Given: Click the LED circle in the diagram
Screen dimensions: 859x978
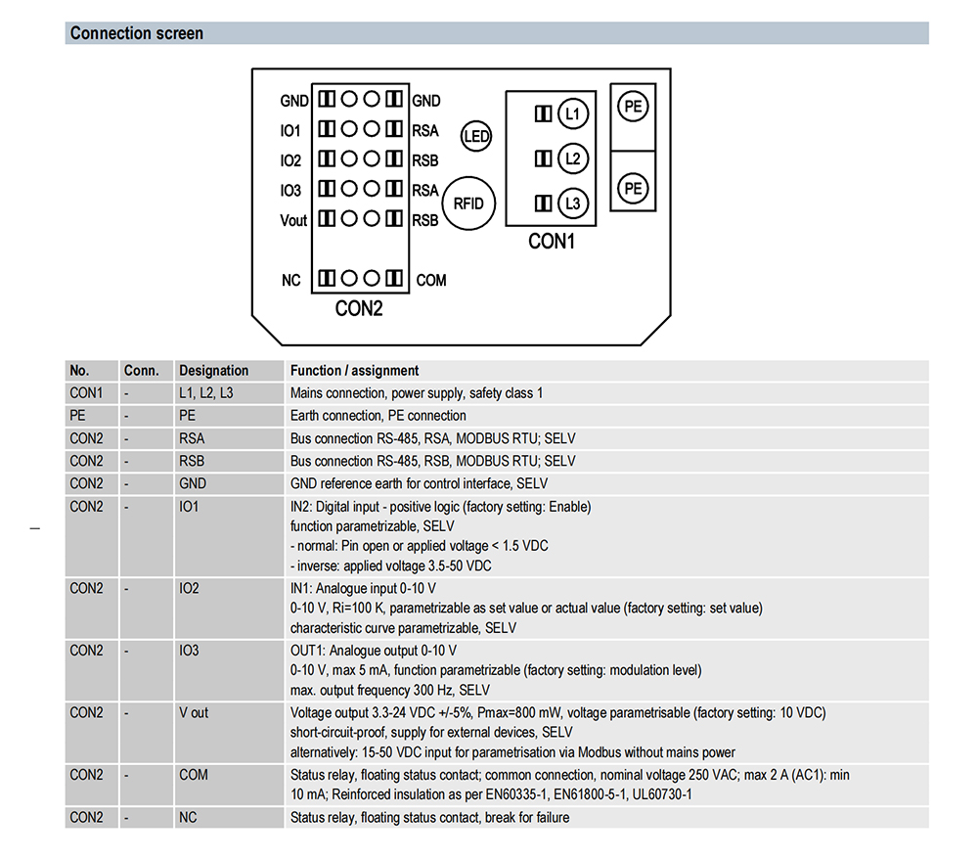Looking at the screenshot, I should click(476, 137).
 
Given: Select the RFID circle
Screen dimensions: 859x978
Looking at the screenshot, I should click(470, 203).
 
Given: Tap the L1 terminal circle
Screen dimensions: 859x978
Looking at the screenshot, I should click(573, 114).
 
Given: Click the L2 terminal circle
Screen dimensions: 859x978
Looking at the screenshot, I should click(573, 158).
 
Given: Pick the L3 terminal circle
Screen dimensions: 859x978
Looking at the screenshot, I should click(573, 203).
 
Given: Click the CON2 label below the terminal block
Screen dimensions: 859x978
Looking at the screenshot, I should click(359, 309).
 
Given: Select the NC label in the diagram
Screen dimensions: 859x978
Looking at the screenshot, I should click(290, 281).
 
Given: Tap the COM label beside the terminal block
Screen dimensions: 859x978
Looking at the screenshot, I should click(430, 281).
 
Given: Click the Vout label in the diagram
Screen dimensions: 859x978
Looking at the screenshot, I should click(293, 220).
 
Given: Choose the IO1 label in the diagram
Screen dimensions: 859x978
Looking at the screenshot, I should click(290, 131).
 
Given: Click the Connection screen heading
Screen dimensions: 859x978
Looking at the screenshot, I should click(137, 33).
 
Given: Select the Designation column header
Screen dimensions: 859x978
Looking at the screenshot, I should click(213, 371).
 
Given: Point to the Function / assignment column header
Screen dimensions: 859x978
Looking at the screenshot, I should click(354, 371).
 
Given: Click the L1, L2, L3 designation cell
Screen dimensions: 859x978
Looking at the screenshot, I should click(205, 393).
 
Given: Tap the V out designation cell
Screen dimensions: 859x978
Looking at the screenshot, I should click(194, 712).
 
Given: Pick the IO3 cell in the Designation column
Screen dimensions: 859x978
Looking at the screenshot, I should click(189, 651).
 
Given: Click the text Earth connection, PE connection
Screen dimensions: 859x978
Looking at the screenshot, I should click(378, 416).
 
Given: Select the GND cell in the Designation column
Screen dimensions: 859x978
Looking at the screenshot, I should click(193, 483).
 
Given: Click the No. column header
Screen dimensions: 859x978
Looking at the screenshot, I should click(79, 371).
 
